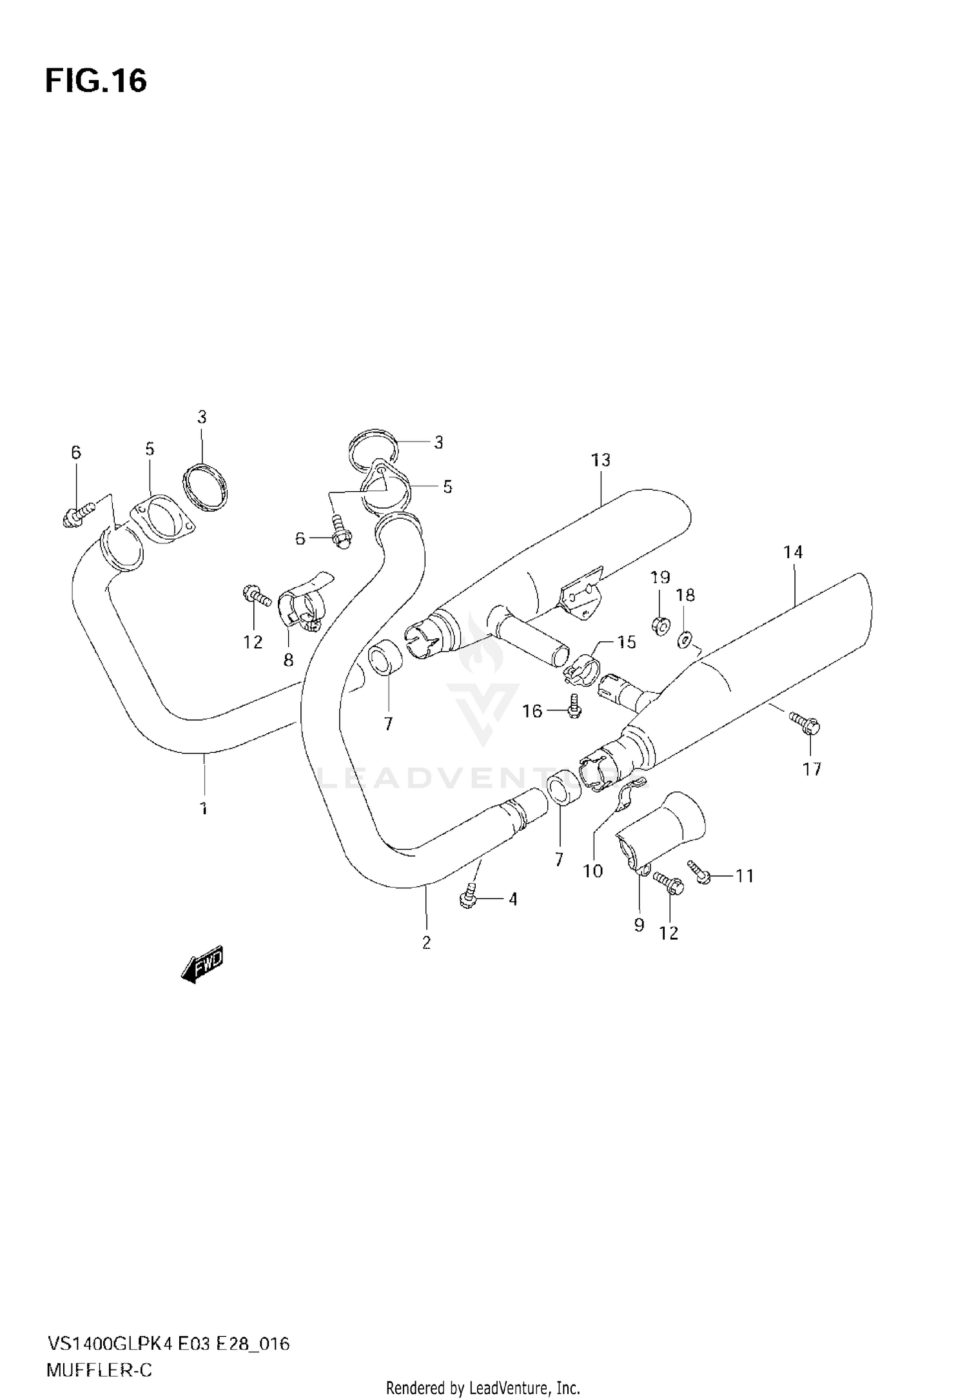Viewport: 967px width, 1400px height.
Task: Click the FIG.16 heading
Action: pyautogui.click(x=96, y=82)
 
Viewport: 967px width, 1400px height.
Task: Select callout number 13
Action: pyautogui.click(x=600, y=460)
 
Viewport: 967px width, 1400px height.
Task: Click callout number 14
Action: pyautogui.click(x=793, y=552)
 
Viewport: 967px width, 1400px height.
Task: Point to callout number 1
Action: pyautogui.click(x=204, y=808)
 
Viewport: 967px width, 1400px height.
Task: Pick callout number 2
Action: pyautogui.click(x=426, y=942)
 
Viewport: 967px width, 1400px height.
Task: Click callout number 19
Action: pyautogui.click(x=660, y=577)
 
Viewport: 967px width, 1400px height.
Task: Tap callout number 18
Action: pyautogui.click(x=685, y=595)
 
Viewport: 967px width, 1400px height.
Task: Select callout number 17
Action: pyautogui.click(x=812, y=768)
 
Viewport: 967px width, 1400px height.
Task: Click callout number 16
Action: pyautogui.click(x=532, y=711)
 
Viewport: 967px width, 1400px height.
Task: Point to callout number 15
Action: pyautogui.click(x=626, y=642)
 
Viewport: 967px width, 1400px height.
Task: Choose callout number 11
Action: pyautogui.click(x=745, y=876)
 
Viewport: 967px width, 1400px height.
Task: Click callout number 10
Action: pyautogui.click(x=592, y=871)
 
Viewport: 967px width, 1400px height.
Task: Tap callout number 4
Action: pyautogui.click(x=513, y=899)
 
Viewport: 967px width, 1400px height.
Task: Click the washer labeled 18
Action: pyautogui.click(x=685, y=640)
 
